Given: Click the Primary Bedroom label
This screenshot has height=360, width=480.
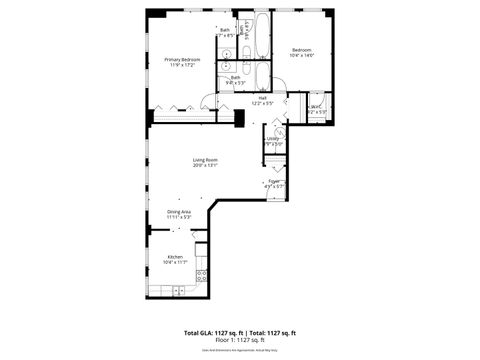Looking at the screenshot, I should [x=183, y=59].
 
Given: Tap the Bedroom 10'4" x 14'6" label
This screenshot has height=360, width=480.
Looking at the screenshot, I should [x=302, y=50].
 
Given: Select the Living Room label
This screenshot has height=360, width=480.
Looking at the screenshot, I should [x=205, y=159].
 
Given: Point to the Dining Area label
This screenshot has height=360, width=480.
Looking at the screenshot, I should [x=179, y=211].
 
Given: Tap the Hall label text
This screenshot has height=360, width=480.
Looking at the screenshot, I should [x=262, y=97].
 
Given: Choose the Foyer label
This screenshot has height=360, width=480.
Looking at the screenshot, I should [x=274, y=181].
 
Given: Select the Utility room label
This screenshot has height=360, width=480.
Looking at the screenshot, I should [x=272, y=139].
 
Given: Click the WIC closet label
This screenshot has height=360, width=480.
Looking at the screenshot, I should [x=316, y=107].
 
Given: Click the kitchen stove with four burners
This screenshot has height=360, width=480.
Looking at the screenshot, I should [x=201, y=274].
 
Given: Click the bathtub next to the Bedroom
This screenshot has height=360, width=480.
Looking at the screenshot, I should [x=262, y=35].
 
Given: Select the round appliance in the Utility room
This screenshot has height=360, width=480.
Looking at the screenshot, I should [x=279, y=131].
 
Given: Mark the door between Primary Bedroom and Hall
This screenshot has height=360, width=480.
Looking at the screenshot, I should [x=207, y=102].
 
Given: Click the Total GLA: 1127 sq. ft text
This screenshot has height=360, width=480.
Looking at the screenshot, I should [x=214, y=332].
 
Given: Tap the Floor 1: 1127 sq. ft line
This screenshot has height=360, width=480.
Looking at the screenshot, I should [x=240, y=339].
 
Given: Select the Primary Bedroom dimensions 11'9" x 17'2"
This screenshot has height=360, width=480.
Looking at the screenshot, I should [x=183, y=65].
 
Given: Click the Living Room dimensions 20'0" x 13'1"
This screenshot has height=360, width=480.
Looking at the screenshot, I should [x=205, y=165].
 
